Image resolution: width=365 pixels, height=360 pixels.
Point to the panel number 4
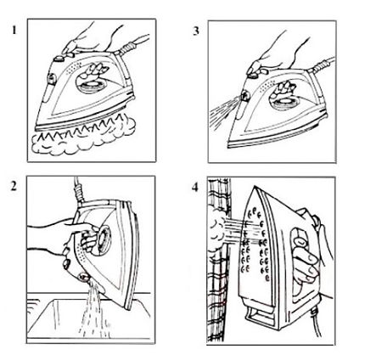point(196,188)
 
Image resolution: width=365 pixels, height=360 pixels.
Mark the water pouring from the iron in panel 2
point(89,314)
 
